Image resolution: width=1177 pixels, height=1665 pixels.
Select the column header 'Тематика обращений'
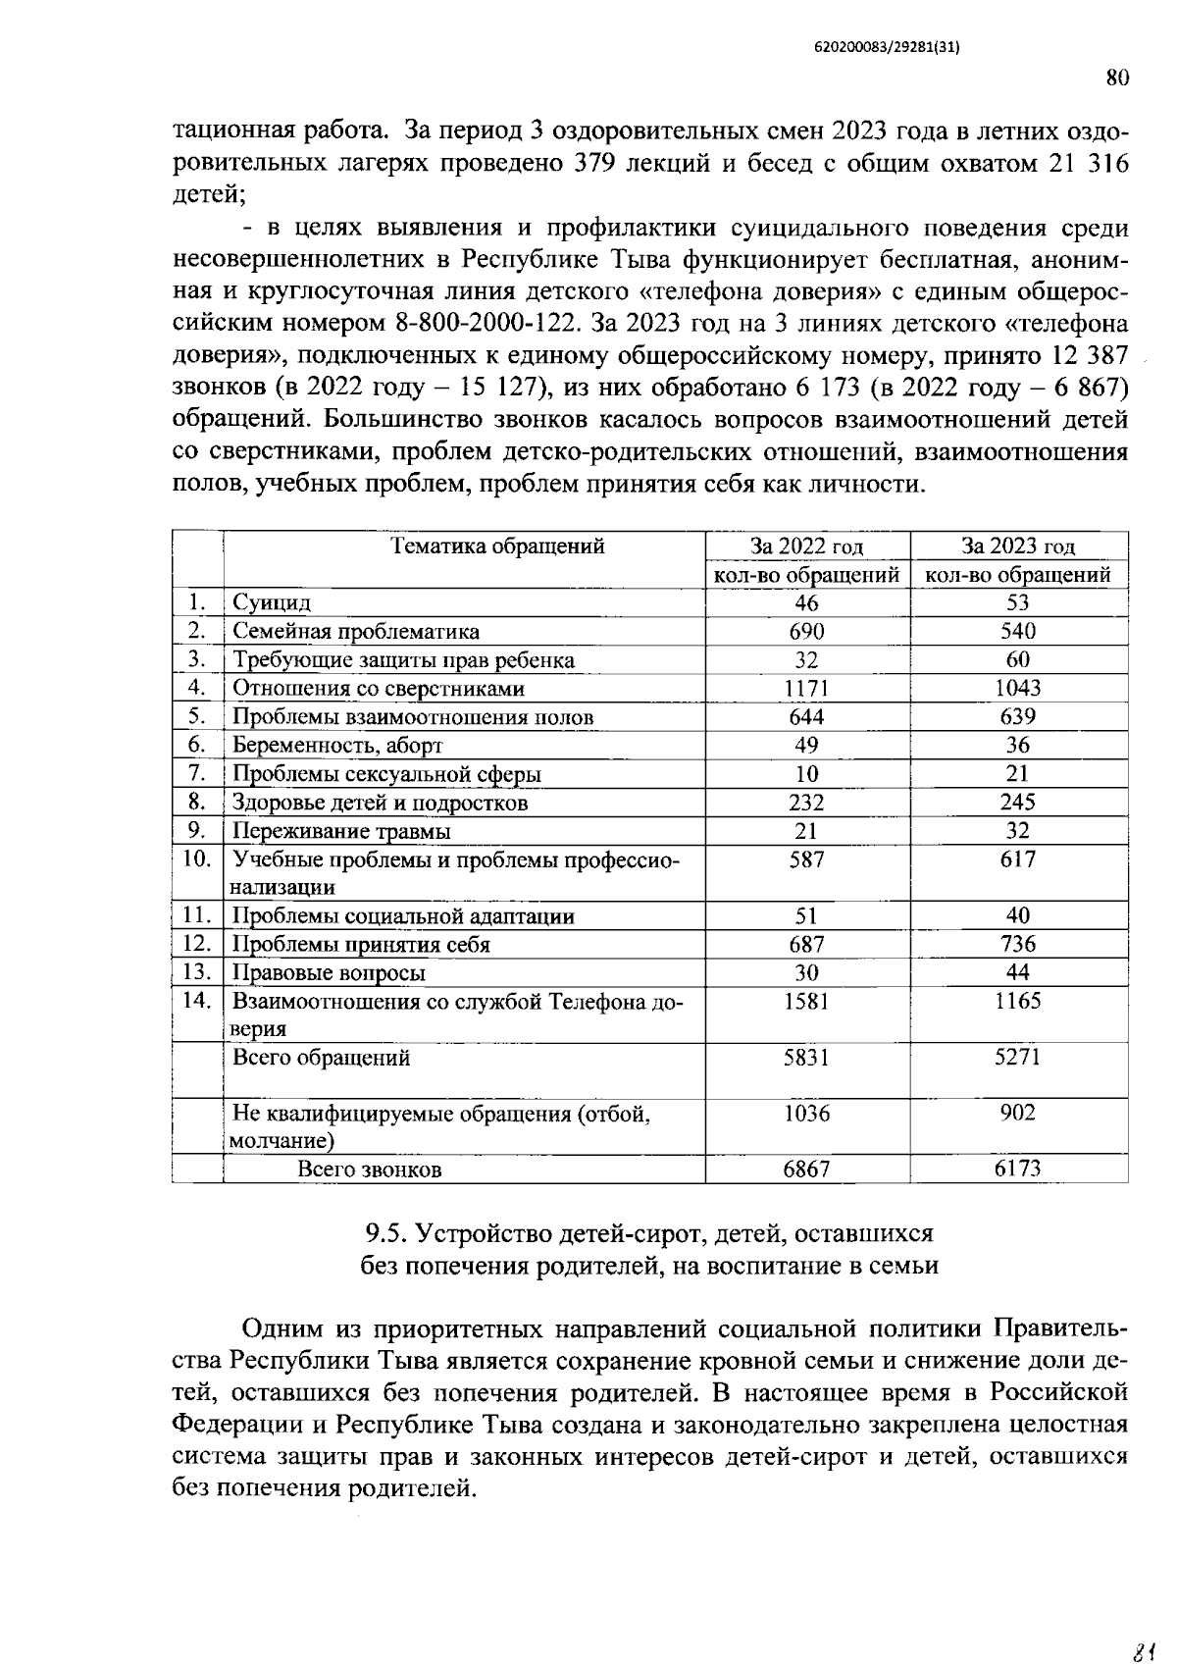tap(498, 546)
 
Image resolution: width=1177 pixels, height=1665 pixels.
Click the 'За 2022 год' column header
tap(806, 546)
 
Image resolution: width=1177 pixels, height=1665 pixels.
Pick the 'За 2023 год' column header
tap(1018, 546)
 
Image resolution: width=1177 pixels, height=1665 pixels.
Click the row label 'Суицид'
tap(272, 603)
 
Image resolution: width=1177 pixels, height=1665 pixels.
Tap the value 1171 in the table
tap(806, 689)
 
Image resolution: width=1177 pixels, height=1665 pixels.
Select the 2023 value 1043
tap(1018, 689)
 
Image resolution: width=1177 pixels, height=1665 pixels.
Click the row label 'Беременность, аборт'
tap(337, 746)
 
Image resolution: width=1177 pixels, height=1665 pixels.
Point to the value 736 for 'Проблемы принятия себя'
tap(1018, 945)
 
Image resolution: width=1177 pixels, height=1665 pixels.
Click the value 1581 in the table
tap(806, 1002)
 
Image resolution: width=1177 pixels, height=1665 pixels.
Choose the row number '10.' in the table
tap(198, 859)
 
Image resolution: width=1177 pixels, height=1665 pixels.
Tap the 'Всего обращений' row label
tap(321, 1059)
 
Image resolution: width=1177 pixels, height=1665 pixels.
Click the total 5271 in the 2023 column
tap(1018, 1058)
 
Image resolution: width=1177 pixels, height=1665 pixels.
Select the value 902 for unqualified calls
tap(1018, 1114)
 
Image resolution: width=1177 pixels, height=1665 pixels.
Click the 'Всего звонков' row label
tap(370, 1171)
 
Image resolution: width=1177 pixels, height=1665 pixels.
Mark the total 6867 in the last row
tap(806, 1170)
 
